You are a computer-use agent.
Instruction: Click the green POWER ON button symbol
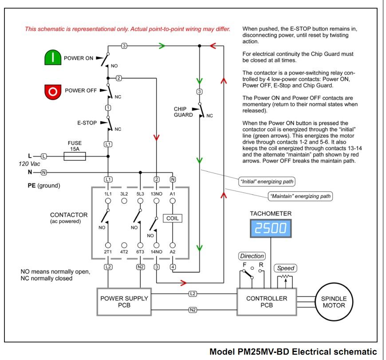[53, 57]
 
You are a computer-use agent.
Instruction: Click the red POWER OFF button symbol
[53, 92]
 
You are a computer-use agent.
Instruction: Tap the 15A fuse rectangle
[75, 156]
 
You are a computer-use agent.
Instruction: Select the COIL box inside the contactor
[173, 218]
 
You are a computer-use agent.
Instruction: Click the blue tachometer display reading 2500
[271, 228]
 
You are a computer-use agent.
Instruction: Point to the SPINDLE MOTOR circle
[334, 302]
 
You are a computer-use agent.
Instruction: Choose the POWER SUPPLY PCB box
[124, 302]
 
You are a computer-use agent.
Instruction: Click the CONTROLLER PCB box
[267, 302]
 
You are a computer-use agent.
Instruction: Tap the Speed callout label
[286, 268]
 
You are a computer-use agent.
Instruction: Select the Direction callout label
[252, 256]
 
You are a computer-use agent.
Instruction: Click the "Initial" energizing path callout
[267, 182]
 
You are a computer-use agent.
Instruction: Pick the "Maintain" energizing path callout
[300, 196]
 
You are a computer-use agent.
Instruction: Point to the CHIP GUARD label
[183, 112]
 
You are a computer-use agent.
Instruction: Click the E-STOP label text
[87, 123]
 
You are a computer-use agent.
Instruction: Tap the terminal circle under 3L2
[124, 201]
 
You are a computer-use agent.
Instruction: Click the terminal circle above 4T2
[124, 245]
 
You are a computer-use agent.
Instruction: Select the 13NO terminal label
[157, 194]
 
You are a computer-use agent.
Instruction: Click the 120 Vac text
[29, 164]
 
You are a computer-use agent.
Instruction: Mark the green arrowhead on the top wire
[162, 46]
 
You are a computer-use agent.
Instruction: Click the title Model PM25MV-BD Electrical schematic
[293, 352]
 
